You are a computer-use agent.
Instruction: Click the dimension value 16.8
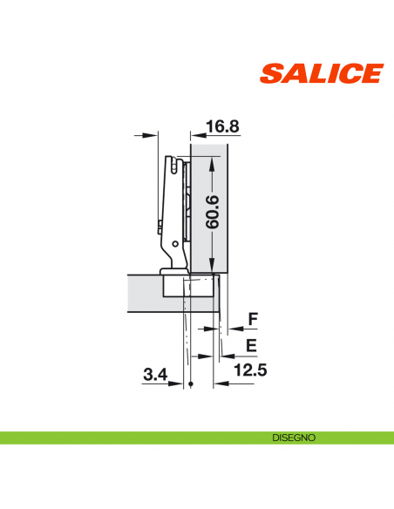click(222, 126)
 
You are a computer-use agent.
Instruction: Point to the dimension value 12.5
click(251, 370)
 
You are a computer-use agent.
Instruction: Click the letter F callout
click(253, 320)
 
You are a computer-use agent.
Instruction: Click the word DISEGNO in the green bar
click(292, 437)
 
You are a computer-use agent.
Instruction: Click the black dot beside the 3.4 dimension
click(189, 384)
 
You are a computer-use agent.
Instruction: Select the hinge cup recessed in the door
click(187, 285)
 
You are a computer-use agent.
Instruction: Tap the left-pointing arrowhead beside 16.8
click(196, 135)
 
